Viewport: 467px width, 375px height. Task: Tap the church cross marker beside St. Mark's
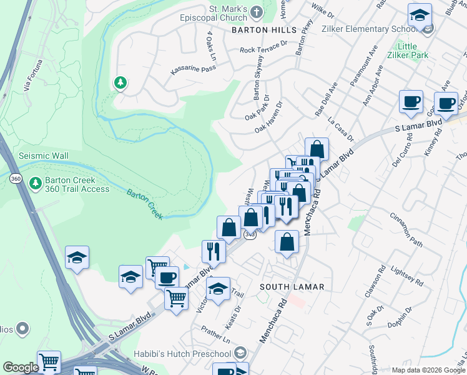pyautogui.click(x=257, y=11)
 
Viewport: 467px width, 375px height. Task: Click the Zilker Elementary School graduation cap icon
pyautogui.click(x=420, y=15)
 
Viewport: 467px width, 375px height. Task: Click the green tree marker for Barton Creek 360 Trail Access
pyautogui.click(x=36, y=183)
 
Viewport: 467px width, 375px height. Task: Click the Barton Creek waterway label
pyautogui.click(x=145, y=203)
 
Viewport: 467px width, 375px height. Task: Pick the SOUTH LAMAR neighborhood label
pyautogui.click(x=292, y=287)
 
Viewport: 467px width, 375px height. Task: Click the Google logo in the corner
pyautogui.click(x=21, y=367)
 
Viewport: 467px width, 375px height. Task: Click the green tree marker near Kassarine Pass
pyautogui.click(x=120, y=82)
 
